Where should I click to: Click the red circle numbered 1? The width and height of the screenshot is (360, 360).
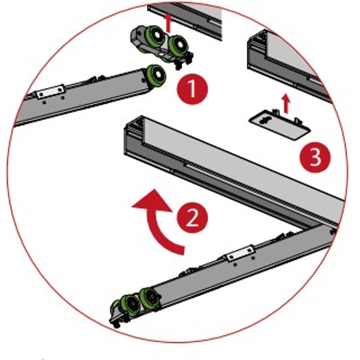pos(192,89)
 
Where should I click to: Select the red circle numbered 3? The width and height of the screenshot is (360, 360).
pos(315,157)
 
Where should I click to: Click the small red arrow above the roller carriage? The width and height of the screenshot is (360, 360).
pos(169,23)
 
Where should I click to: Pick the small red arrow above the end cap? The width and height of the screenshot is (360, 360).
pos(286,104)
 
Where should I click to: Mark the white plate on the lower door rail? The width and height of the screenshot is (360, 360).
pos(241,254)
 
